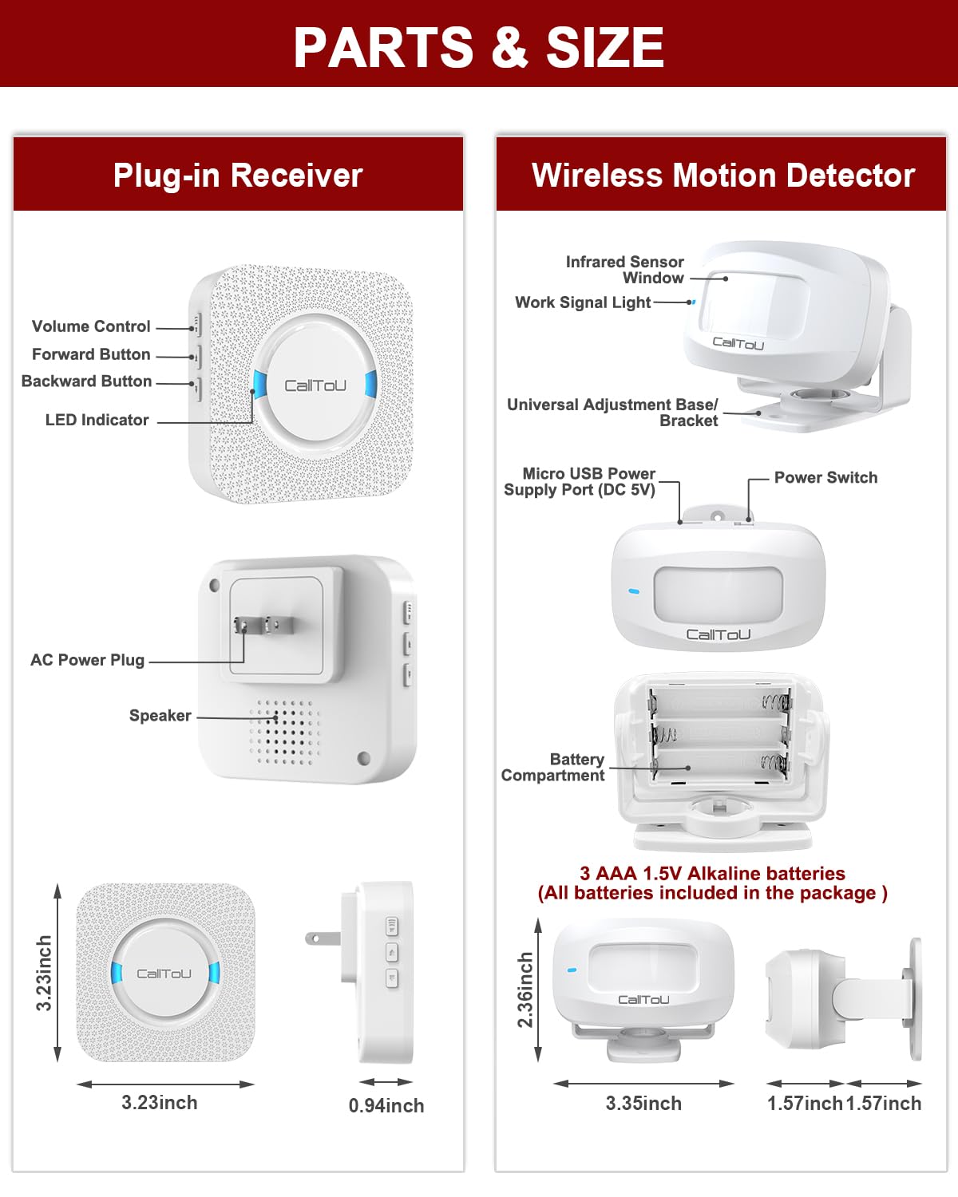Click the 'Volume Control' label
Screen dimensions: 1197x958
[x=91, y=326]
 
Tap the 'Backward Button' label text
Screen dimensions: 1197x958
[x=86, y=381]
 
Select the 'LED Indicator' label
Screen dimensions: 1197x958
[x=97, y=420]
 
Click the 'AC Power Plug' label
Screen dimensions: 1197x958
[x=87, y=660]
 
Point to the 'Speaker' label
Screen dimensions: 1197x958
[x=160, y=716]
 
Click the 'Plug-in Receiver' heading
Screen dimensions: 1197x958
[x=238, y=175]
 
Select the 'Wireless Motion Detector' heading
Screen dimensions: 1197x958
[x=722, y=175]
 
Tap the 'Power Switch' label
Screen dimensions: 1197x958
[x=825, y=477]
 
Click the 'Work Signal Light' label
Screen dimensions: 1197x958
[x=583, y=302]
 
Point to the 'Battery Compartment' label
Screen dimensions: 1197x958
[x=553, y=768]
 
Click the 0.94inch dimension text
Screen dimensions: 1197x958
[x=386, y=1106]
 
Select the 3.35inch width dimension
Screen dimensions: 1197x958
[x=643, y=1104]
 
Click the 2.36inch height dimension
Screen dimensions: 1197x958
[x=525, y=990]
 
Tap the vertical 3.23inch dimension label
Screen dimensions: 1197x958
[x=44, y=974]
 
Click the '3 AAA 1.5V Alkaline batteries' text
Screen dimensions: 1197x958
[x=712, y=874]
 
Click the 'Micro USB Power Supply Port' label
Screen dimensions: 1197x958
[x=580, y=482]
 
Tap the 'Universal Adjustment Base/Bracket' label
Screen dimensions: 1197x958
[x=613, y=413]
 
